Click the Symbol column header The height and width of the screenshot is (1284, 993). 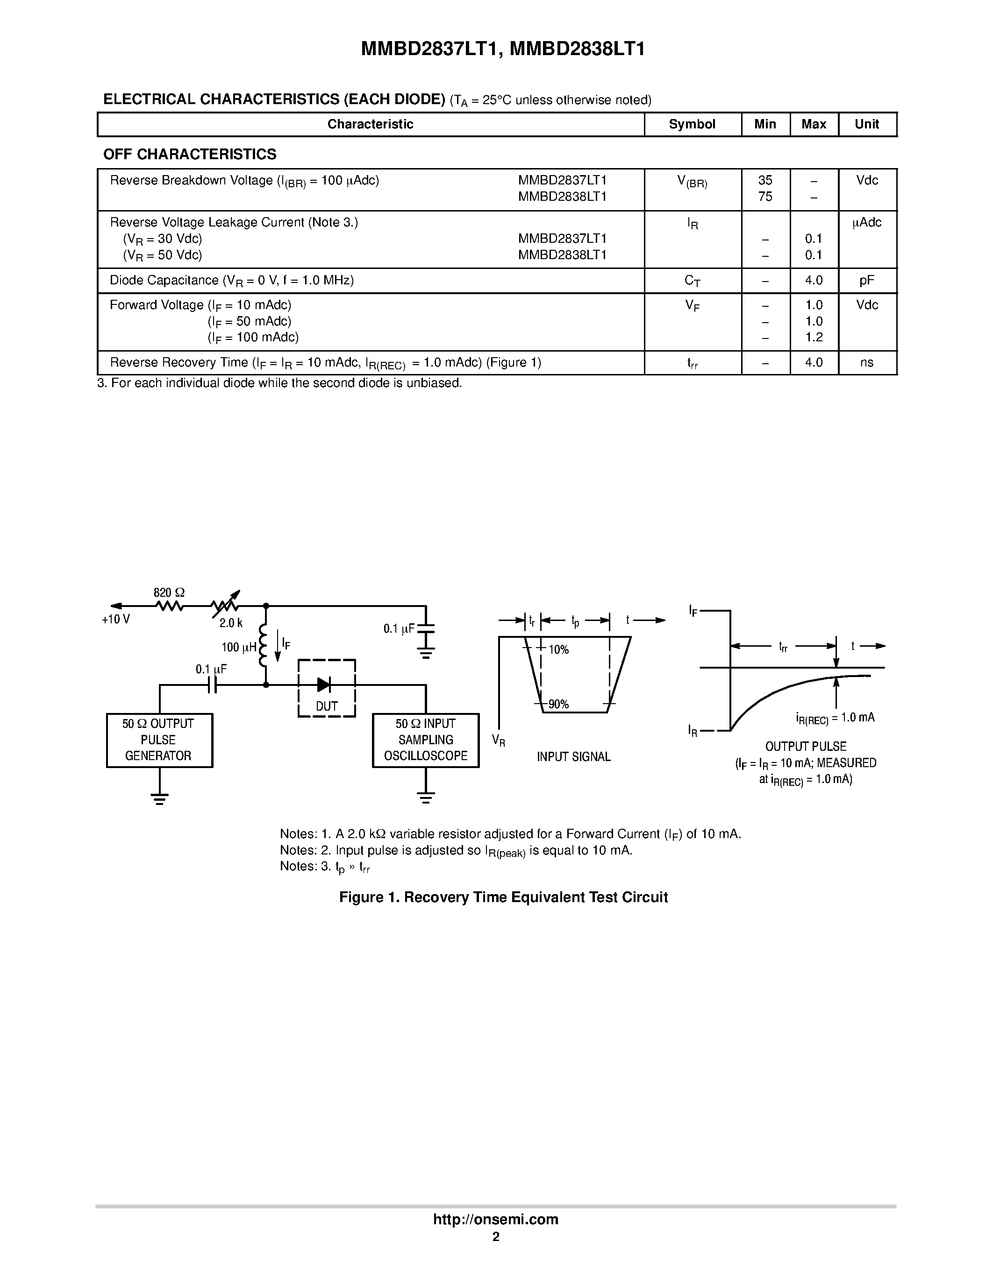pyautogui.click(x=692, y=124)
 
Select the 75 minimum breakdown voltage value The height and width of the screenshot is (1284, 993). pyautogui.click(x=765, y=197)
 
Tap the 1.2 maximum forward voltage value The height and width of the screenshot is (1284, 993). pyautogui.click(x=814, y=337)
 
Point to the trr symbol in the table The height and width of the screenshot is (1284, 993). pyautogui.click(x=693, y=363)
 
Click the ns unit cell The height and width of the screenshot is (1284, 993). pyautogui.click(x=866, y=363)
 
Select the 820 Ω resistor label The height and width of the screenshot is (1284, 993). pyautogui.click(x=169, y=593)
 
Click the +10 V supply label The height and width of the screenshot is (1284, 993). pyautogui.click(x=116, y=620)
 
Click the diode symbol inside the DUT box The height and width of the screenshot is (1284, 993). pyautogui.click(x=323, y=684)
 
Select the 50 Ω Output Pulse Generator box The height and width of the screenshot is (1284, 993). pyautogui.click(x=159, y=740)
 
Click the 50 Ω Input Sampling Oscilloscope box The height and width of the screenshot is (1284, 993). pyautogui.click(x=425, y=740)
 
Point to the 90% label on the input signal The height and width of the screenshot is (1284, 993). pyautogui.click(x=558, y=704)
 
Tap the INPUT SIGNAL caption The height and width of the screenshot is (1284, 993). pyautogui.click(x=573, y=757)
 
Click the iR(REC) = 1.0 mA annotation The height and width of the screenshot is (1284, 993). pyautogui.click(x=835, y=718)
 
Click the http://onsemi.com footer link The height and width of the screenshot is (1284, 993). pyautogui.click(x=495, y=1219)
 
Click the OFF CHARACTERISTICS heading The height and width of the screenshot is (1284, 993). pyautogui.click(x=189, y=154)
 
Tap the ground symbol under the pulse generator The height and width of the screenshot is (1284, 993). pyautogui.click(x=159, y=799)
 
